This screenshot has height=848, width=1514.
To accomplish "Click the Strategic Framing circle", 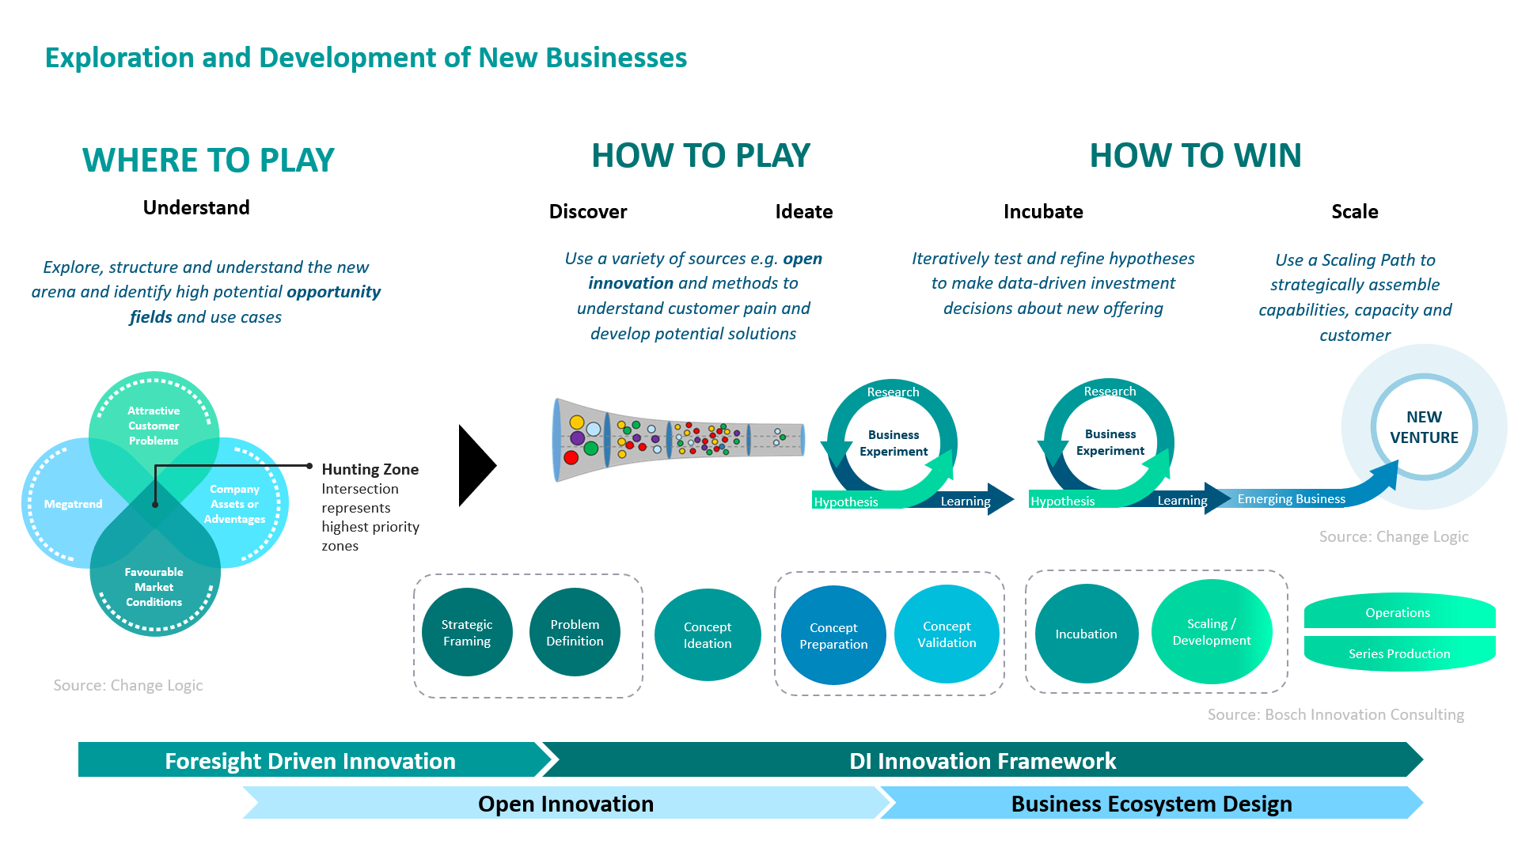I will (x=466, y=632).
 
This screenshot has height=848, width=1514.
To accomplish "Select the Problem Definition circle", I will (x=575, y=632).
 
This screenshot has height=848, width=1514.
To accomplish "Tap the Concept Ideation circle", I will (x=708, y=634).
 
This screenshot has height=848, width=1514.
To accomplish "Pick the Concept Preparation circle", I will (x=833, y=635).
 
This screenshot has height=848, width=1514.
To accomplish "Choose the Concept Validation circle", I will (x=947, y=634).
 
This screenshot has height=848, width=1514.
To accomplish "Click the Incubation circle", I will (x=1086, y=634).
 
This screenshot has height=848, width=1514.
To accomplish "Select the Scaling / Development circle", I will (x=1212, y=631).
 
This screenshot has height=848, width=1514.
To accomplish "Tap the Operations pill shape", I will (x=1398, y=612).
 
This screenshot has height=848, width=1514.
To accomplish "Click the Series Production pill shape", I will (x=1398, y=653).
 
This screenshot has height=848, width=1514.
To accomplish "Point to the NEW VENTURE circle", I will (x=1424, y=427).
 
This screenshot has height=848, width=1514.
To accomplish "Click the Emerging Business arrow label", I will (x=1291, y=498).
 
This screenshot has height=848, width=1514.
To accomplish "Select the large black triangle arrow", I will (x=475, y=465).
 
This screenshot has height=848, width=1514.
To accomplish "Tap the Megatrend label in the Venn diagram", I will (x=73, y=504).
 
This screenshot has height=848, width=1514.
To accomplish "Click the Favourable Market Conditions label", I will (x=154, y=587).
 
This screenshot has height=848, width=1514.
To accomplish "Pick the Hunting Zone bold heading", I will (x=370, y=469).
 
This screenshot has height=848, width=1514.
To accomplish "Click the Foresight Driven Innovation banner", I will (x=310, y=760).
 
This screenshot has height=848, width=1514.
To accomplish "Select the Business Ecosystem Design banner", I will (x=1151, y=804).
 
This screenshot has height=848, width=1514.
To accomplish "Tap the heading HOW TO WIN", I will (x=1195, y=155).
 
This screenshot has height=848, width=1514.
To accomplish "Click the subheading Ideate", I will (x=803, y=211).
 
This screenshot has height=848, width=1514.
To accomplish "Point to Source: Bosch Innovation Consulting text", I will (x=1335, y=714).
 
